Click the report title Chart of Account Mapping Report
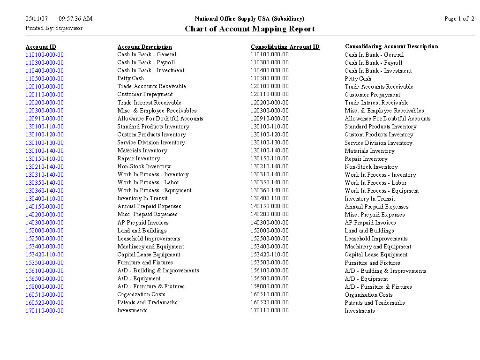[x=249, y=29]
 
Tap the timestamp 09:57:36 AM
[x=75, y=19]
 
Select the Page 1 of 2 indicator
[x=459, y=19]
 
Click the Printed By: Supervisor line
[x=54, y=28]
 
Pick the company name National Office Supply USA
[x=249, y=19]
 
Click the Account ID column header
[x=41, y=47]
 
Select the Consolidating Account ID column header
[x=285, y=47]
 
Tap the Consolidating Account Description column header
[x=391, y=46]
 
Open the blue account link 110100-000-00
[x=45, y=55]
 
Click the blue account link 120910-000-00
[x=45, y=119]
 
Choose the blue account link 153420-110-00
[x=45, y=255]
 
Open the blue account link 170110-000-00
[x=45, y=311]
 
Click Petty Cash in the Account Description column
[x=131, y=78]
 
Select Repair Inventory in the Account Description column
[x=139, y=158]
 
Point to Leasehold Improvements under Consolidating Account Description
[x=376, y=239]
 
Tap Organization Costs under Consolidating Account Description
[x=368, y=295]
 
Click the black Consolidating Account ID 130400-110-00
[x=270, y=198]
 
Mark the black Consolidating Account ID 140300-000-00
[x=270, y=223]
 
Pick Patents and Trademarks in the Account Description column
[x=147, y=302]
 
